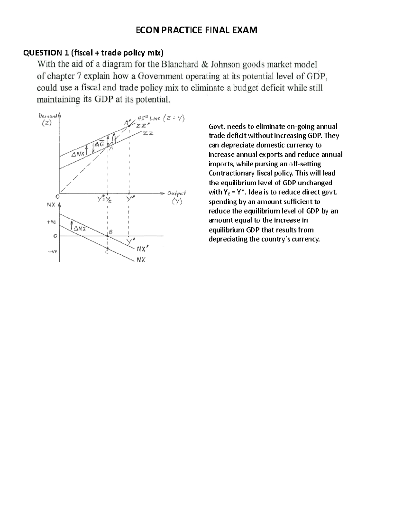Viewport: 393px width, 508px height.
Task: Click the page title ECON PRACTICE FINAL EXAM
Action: (x=196, y=30)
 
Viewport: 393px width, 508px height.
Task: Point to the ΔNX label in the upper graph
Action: (x=78, y=153)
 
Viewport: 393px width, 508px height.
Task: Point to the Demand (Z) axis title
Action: (x=49, y=119)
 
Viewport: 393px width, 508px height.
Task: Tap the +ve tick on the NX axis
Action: (x=51, y=222)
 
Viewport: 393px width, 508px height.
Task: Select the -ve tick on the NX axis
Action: (x=52, y=251)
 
